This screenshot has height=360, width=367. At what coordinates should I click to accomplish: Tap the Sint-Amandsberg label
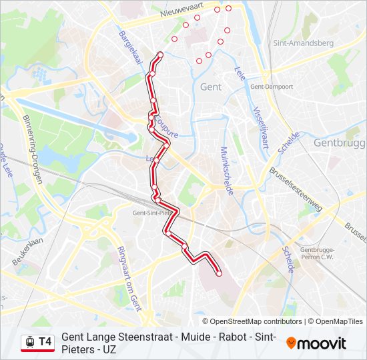[303, 43]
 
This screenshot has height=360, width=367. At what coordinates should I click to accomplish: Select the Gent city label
[210, 87]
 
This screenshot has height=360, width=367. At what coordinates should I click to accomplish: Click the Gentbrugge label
[340, 143]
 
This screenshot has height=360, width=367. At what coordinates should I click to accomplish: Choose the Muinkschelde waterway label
[226, 170]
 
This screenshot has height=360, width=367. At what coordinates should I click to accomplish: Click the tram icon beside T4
[29, 342]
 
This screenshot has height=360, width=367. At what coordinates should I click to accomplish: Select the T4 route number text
[45, 342]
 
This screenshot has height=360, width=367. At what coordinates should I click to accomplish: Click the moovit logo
[316, 343]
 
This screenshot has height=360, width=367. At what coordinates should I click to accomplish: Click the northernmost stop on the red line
[160, 54]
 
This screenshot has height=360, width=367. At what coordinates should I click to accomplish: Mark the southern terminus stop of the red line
[219, 273]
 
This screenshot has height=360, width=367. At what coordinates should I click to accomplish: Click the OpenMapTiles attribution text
[339, 321]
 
